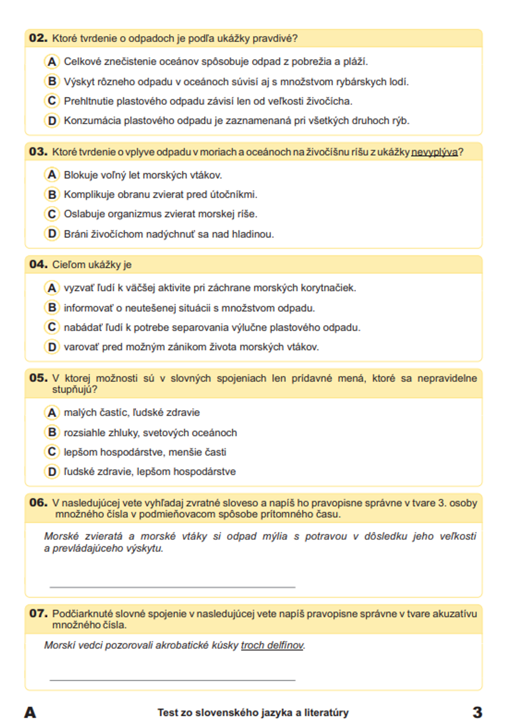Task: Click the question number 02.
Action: pos(38,38)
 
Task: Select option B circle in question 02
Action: pos(52,81)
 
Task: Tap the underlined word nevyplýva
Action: pos(434,152)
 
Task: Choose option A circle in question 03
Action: pos(52,175)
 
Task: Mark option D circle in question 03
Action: pos(52,234)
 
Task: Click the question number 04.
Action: pos(38,264)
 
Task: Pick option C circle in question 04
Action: pos(52,327)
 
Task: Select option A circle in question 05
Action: pos(52,413)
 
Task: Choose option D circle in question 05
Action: pos(52,471)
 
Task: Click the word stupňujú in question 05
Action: pos(74,390)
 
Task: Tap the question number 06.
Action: pos(38,503)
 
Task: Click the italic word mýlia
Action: pos(275,536)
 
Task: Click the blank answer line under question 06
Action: pos(172,587)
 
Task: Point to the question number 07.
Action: pos(38,613)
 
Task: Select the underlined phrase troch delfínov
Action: pos(272,645)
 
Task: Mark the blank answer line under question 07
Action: pos(172,680)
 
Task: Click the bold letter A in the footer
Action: pos(30,712)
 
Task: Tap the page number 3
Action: pos(477,712)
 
